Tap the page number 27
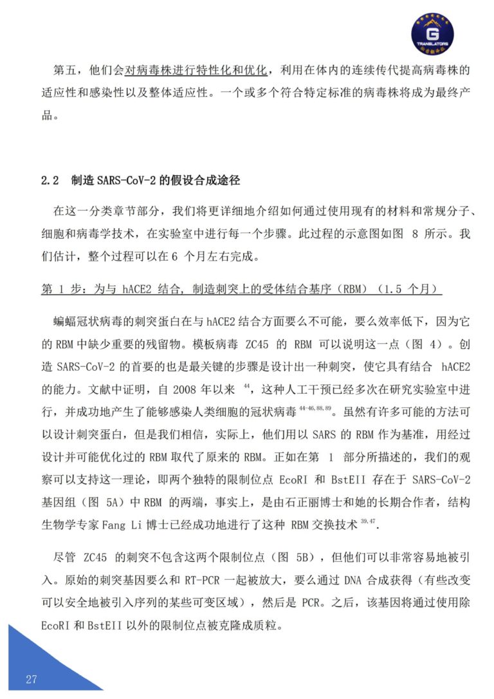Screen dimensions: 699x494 tap(32, 680)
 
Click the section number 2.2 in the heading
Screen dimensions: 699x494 tap(50, 181)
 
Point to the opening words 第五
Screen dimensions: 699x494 tap(63, 69)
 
